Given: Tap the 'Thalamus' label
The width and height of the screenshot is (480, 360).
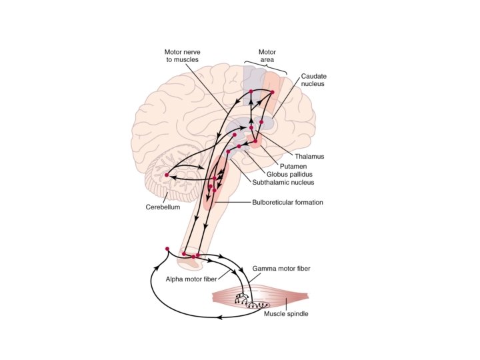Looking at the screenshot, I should (309, 156).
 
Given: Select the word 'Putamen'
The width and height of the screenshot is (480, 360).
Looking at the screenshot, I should (293, 165).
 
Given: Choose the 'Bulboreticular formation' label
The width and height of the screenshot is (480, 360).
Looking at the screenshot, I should (287, 203).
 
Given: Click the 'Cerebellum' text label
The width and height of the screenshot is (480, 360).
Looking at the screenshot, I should (163, 207).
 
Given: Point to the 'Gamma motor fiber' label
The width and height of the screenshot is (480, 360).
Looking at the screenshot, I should (281, 269).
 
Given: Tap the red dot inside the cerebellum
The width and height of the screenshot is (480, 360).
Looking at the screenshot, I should (166, 175).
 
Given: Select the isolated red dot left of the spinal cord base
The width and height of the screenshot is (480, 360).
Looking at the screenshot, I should (167, 249).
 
